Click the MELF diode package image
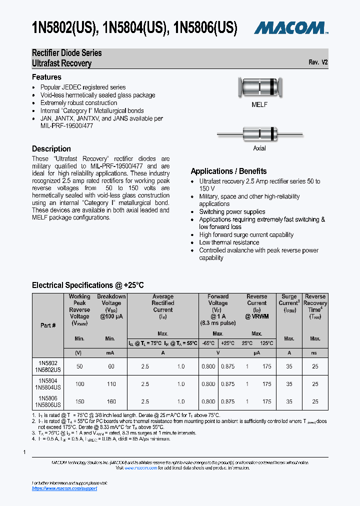[x=259, y=88]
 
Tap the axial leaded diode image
[x=259, y=134]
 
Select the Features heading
[x=46, y=77]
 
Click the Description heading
[x=51, y=148]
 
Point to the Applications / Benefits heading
[x=228, y=171]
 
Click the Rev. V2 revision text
[x=318, y=62]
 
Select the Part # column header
[x=48, y=325]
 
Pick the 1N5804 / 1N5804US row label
[x=48, y=384]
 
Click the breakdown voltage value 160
[x=110, y=401]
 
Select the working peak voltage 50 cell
[x=79, y=366]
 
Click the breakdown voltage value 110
[x=110, y=384]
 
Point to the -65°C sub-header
[x=208, y=343]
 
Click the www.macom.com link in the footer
[x=144, y=468]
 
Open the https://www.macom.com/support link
[x=64, y=488]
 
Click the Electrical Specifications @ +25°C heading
[x=88, y=285]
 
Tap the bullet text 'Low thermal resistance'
[x=229, y=242]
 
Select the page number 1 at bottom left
[x=24, y=452]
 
